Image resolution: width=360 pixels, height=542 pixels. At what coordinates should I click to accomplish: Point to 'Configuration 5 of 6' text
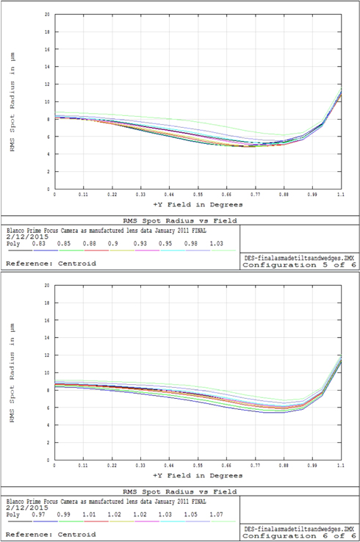tap(299, 266)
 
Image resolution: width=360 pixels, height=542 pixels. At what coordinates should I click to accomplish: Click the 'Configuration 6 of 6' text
tap(299, 537)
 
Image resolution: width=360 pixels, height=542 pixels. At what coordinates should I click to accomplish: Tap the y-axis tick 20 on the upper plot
tap(47, 15)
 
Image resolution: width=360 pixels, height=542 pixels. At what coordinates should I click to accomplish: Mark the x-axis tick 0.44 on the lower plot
tap(169, 466)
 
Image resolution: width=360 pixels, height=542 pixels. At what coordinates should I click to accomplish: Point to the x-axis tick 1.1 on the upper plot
tap(341, 195)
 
